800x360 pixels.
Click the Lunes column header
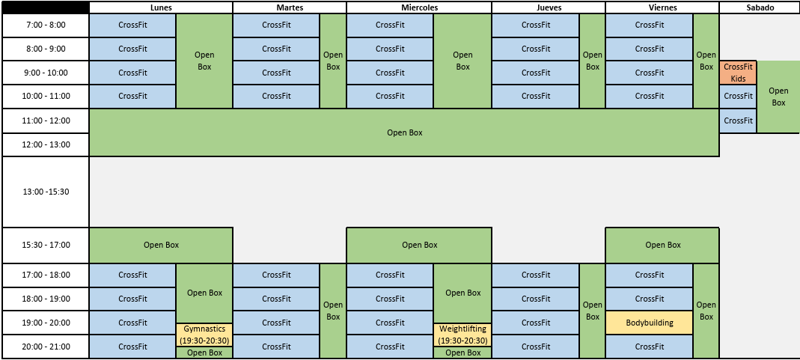[161, 7]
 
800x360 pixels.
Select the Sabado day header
[759, 7]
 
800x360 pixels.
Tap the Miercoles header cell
[419, 7]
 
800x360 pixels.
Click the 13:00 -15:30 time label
[46, 192]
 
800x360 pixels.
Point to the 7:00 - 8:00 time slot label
[46, 25]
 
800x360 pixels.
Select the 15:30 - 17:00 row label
[46, 245]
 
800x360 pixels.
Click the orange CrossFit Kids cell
[738, 73]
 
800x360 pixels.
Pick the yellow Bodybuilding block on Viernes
[649, 323]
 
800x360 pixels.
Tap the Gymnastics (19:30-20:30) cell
[204, 335]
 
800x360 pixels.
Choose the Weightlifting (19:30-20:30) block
[462, 335]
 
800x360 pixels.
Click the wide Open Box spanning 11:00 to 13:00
[404, 132]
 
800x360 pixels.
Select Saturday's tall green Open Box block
[778, 97]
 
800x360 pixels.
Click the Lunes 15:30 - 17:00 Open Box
[161, 245]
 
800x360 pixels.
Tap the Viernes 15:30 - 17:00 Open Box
[662, 245]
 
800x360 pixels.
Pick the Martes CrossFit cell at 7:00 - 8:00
[276, 25]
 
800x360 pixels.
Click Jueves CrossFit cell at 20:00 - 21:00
[535, 347]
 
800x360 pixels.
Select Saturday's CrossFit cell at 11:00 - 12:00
[738, 120]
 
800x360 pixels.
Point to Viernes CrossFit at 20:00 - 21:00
[649, 347]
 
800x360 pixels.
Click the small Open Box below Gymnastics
[204, 353]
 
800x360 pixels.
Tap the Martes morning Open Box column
[333, 61]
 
